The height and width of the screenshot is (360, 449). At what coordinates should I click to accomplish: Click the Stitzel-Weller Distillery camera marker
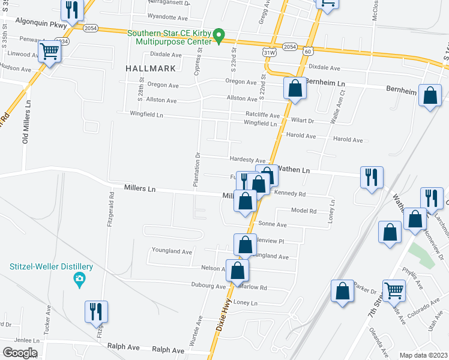coord(79,279)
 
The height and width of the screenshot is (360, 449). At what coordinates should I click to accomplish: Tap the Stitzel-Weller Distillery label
coord(51,266)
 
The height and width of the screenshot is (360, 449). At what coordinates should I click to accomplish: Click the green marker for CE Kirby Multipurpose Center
coord(220,36)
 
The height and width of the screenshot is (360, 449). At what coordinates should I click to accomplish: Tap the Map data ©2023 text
coord(423,355)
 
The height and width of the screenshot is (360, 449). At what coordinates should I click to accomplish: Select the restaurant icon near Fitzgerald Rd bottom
coord(96,311)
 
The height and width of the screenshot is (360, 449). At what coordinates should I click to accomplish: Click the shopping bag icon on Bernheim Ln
coord(295,88)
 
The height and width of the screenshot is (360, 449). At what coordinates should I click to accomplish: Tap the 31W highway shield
coord(270,53)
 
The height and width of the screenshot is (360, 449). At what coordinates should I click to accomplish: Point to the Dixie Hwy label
coord(221,326)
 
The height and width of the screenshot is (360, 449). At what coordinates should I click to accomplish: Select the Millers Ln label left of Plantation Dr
coord(139,188)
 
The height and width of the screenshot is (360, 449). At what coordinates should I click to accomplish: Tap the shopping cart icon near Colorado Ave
coord(394,291)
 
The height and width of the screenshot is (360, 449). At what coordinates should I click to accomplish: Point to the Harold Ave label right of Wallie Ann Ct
coord(348,140)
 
